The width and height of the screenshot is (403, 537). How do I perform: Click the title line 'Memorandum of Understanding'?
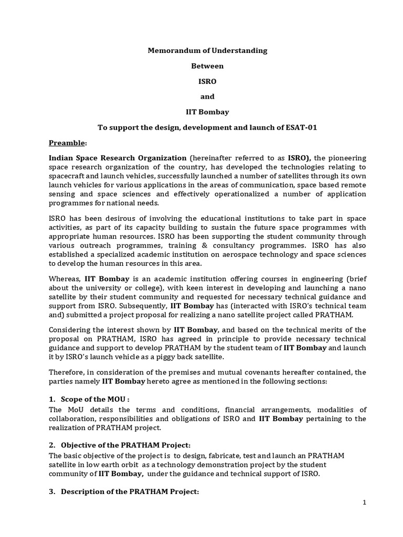pyautogui.click(x=207, y=50)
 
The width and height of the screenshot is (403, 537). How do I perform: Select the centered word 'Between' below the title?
pyautogui.click(x=207, y=66)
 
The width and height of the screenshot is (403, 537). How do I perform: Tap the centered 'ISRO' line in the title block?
pyautogui.click(x=207, y=81)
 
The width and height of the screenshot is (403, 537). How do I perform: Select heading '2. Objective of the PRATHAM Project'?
pyautogui.click(x=122, y=445)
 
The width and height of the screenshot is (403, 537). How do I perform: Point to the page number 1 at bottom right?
pyautogui.click(x=364, y=502)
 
